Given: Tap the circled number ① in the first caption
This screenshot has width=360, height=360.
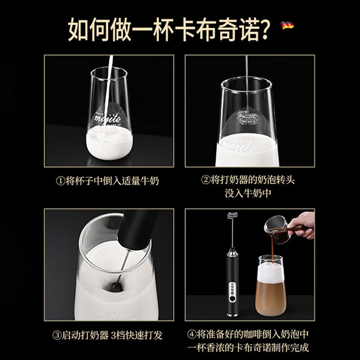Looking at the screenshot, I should pyautogui.click(x=60, y=181).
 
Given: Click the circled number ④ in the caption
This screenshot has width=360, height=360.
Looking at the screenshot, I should pyautogui.click(x=190, y=335).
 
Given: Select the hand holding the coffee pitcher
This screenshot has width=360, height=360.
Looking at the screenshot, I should pyautogui.click(x=302, y=222).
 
